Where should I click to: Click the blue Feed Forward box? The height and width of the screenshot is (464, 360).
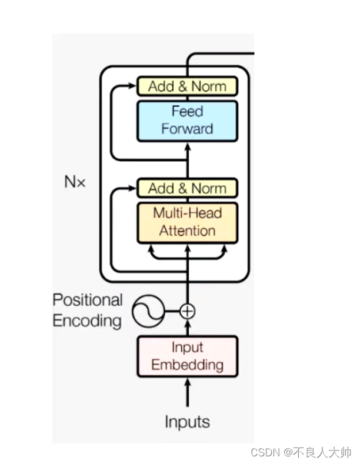pos(187,121)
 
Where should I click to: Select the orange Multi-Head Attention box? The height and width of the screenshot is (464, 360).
pos(187,222)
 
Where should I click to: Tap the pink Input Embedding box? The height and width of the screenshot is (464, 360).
pos(187,356)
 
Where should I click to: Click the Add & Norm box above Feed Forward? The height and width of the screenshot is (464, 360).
pos(187,86)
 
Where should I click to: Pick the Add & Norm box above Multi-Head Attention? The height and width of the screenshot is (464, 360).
pos(187,189)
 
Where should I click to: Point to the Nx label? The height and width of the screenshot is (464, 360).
pos(75,182)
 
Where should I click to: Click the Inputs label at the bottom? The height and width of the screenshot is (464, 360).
pos(187,422)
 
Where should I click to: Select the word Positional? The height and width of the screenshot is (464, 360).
pos(88,300)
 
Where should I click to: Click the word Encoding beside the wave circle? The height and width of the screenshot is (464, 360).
pos(87,321)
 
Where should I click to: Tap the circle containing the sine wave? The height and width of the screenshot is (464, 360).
pos(148,311)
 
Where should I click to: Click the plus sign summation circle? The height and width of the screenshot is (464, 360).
pos(187,311)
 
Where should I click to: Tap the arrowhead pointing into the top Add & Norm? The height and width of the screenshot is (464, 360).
pos(132,86)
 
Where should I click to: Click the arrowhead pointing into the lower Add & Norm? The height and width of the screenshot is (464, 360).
pos(132,189)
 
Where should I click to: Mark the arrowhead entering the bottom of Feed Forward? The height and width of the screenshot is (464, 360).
pos(187,146)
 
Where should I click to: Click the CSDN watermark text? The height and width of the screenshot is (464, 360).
pos(301,452)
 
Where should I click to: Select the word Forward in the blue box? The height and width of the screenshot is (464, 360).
pos(187,129)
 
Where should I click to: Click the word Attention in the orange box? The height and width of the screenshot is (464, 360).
pos(187,230)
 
